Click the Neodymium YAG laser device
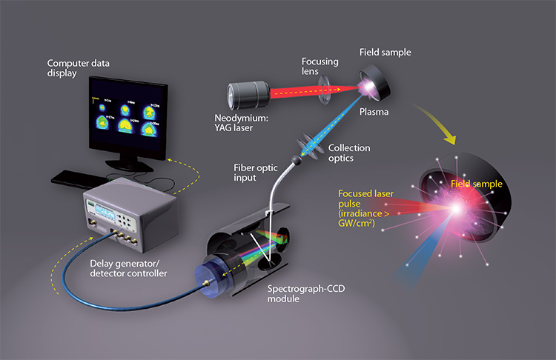point(252,96)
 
